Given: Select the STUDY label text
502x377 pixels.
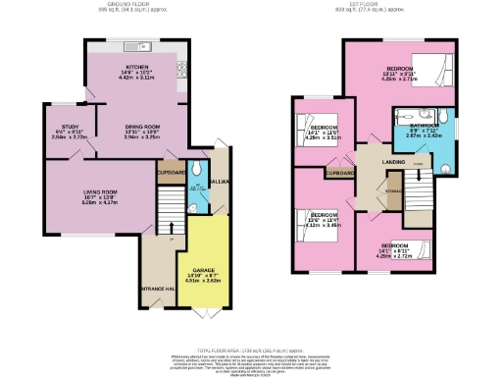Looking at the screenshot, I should click(69, 127).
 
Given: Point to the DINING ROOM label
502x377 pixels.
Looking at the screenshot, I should click(142, 127).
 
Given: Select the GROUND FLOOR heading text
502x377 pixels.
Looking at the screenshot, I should click(133, 5).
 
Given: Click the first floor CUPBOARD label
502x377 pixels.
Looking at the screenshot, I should click(339, 172).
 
